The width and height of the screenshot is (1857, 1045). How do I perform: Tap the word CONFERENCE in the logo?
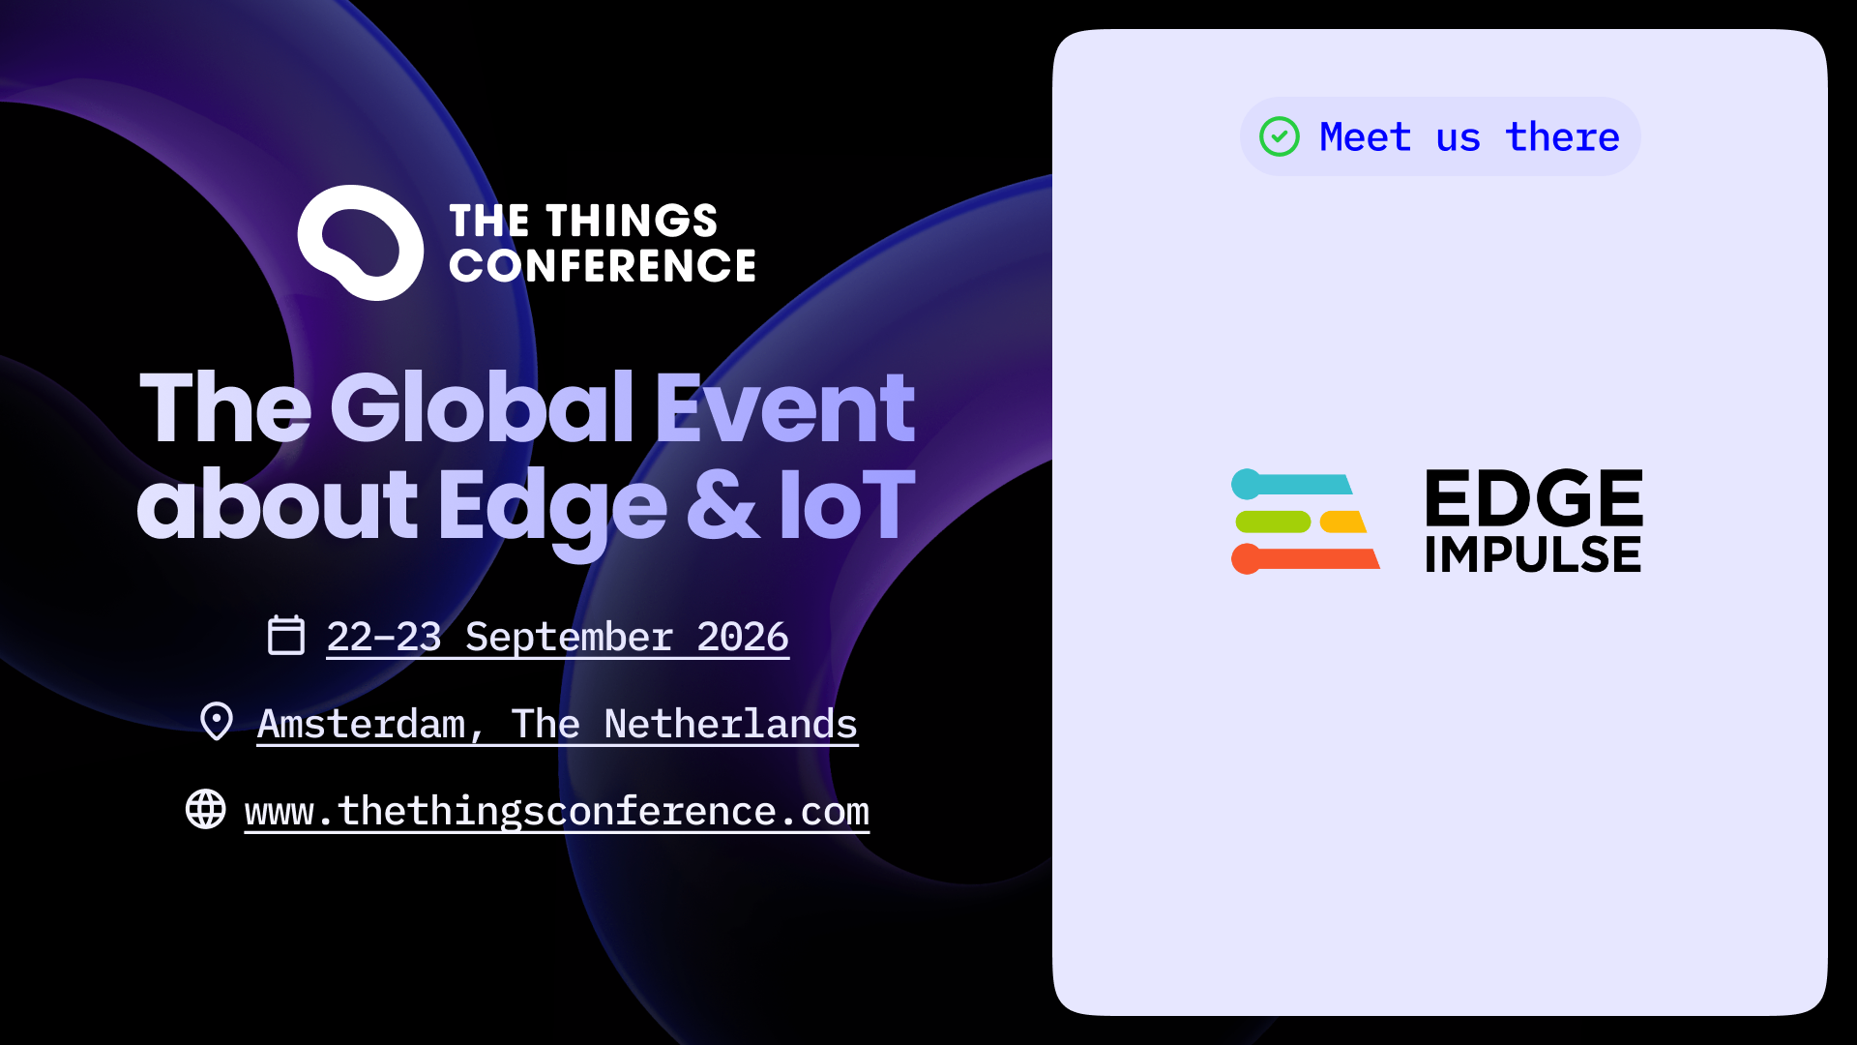(603, 266)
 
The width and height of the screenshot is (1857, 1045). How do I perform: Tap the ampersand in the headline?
(722, 504)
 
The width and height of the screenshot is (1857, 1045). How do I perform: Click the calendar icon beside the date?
(286, 635)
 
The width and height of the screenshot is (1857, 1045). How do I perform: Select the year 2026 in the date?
(743, 637)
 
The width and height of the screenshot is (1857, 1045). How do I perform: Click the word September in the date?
(569, 638)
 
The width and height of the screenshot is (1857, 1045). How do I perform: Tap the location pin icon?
(217, 721)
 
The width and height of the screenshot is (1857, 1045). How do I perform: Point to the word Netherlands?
(730, 724)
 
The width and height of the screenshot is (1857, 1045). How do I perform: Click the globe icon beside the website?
(206, 809)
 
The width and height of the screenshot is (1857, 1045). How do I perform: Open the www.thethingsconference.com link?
(557, 811)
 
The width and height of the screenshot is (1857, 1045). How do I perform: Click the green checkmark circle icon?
(1280, 136)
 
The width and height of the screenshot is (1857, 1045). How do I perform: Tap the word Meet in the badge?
(1366, 136)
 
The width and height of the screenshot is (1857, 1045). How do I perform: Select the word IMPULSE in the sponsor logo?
(1533, 554)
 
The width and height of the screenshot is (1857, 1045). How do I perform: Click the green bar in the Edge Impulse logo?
(1273, 522)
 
